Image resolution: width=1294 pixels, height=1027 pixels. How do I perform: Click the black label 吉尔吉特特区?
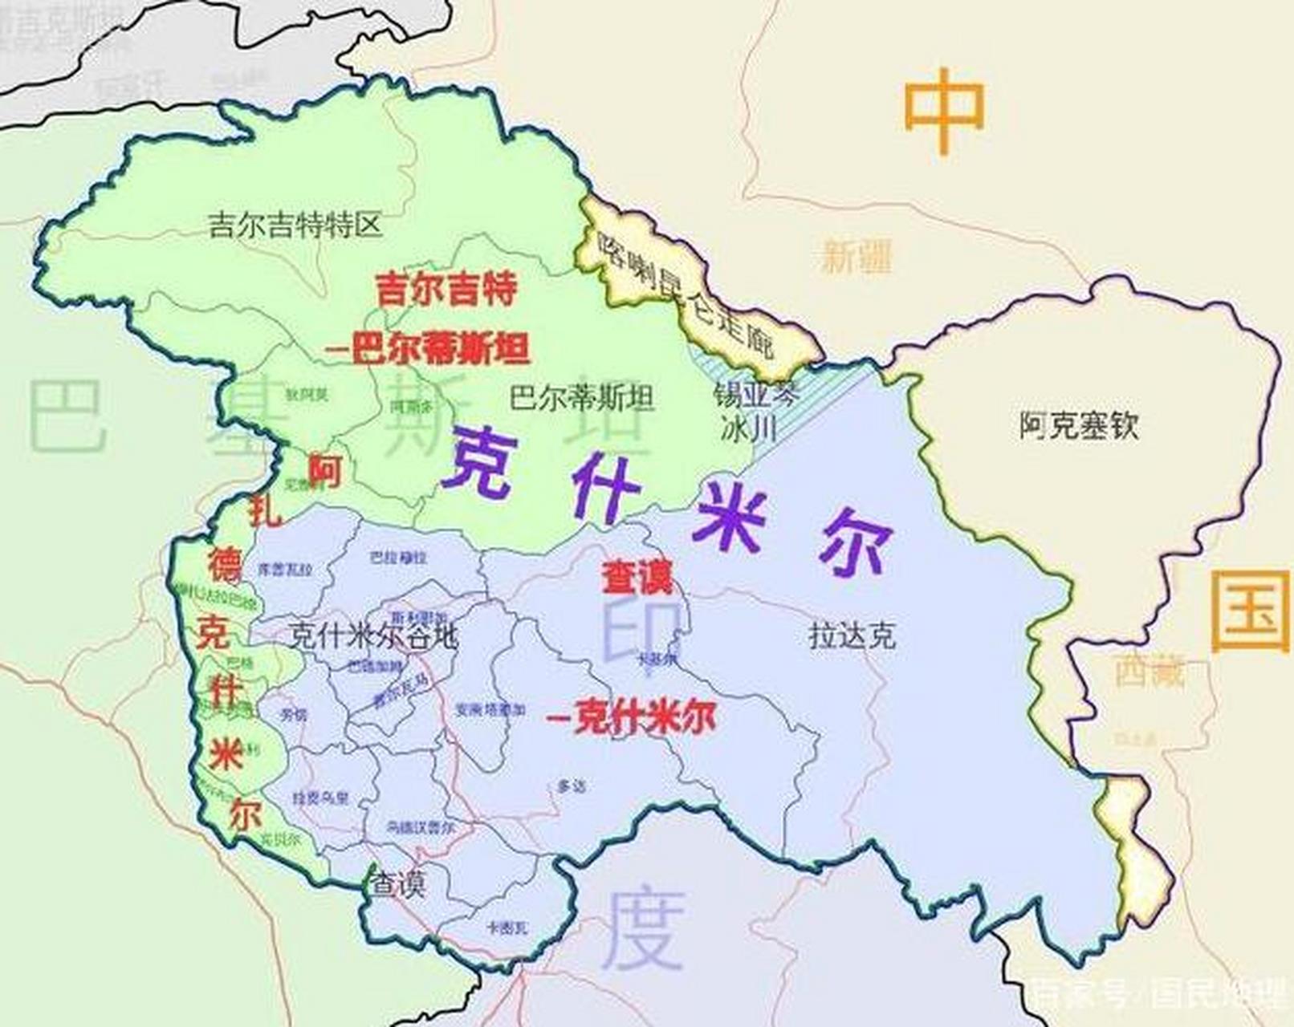[295, 225]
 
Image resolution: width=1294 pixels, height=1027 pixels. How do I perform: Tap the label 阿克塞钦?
[1079, 425]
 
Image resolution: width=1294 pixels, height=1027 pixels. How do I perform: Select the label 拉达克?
[852, 637]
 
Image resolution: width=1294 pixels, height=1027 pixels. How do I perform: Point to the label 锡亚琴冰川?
[747, 412]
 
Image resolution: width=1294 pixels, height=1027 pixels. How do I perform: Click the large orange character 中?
[944, 111]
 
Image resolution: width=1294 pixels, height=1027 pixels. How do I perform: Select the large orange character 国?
[1250, 611]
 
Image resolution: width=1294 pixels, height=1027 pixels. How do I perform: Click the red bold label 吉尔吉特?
[446, 289]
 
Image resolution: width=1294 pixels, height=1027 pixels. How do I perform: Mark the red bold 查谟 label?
[638, 576]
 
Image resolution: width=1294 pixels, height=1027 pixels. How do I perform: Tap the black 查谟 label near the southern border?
[397, 884]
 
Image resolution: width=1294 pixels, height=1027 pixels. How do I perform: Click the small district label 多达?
[571, 786]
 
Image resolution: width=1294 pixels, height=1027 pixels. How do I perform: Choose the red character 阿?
[325, 471]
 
